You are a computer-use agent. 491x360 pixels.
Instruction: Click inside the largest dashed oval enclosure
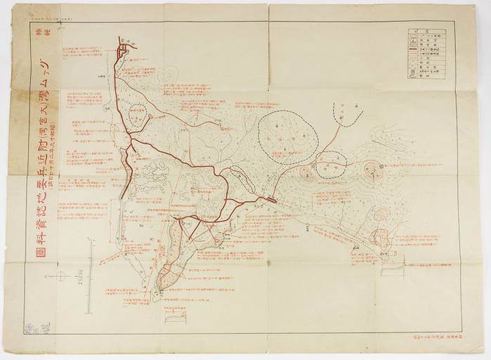click(x=287, y=137)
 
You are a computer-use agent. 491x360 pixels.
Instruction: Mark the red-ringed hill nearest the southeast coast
click(x=380, y=239)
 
